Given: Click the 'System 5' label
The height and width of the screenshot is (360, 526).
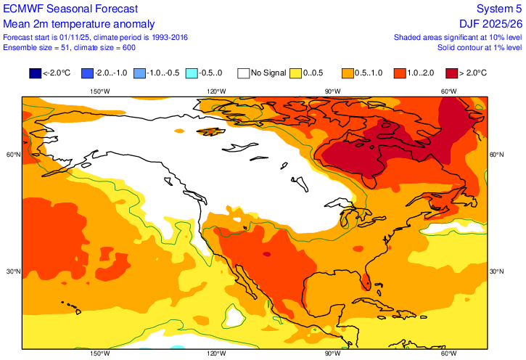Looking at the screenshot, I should tap(499, 9).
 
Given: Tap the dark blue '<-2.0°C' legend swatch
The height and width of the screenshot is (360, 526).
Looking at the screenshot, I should tap(35, 73).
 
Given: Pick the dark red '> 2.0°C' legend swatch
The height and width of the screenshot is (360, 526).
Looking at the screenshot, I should tap(452, 73).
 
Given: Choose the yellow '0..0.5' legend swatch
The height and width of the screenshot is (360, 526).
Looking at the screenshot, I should tap(296, 73).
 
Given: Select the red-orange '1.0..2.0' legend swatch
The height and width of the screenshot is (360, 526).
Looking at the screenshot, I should tap(400, 73).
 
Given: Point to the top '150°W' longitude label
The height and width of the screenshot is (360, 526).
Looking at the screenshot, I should tap(99, 91).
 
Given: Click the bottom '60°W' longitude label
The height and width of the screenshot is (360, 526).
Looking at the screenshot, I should tap(448, 353).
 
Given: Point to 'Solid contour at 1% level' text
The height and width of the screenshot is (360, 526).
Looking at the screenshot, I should tap(479, 47).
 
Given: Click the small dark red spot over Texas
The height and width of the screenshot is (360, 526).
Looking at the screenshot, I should tap(267, 254).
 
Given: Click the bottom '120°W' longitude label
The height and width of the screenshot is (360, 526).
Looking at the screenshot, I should tap(215, 353).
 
